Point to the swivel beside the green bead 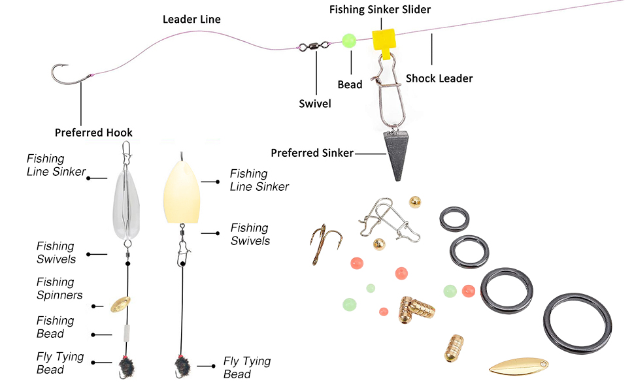point(314,46)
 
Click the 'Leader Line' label point(192,20)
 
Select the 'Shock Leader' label point(439,78)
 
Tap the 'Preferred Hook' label point(93,133)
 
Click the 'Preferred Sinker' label point(312,153)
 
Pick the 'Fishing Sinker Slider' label point(380,9)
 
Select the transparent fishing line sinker point(129,199)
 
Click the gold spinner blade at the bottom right point(519,366)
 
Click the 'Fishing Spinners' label point(59,288)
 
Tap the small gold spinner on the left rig point(120,303)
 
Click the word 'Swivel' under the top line point(314,103)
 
